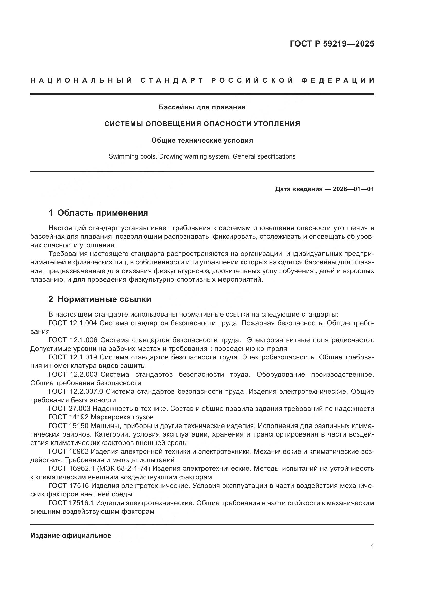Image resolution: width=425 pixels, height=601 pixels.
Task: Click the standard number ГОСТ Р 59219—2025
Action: [331, 44]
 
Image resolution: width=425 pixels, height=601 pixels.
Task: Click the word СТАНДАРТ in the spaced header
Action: [172, 80]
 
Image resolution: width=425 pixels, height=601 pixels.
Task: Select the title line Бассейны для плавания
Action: [202, 107]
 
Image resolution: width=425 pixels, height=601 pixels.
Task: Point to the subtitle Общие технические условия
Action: [202, 141]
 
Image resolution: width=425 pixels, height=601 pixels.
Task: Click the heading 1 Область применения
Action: [98, 213]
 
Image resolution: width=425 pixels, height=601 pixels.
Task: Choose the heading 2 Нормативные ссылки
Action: [100, 299]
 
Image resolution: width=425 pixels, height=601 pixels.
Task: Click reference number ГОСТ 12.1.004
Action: [72, 323]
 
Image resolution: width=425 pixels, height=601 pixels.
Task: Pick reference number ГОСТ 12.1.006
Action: [73, 340]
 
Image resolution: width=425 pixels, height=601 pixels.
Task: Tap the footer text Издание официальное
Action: [71, 535]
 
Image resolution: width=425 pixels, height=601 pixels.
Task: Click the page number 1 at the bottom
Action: [372, 547]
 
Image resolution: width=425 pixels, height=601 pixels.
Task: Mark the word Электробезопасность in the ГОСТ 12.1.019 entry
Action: [279, 357]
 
